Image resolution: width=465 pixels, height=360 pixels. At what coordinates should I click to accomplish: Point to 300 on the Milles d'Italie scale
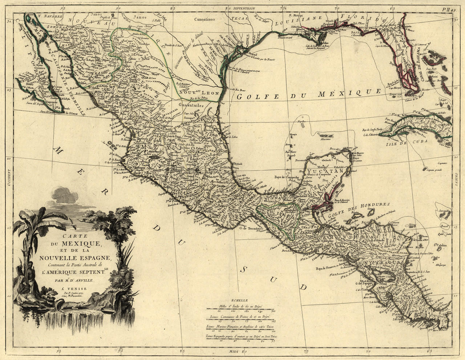[x=273, y=311]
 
